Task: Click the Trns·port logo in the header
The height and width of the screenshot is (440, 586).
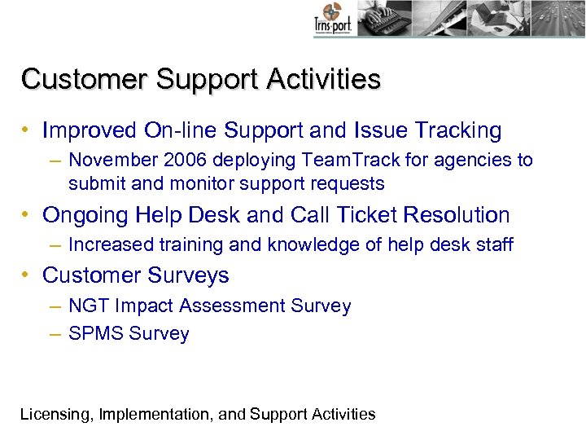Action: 332,20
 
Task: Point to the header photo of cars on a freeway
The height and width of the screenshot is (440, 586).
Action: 558,18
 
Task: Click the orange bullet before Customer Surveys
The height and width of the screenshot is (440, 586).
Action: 27,275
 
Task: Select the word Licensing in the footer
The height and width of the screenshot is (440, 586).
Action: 55,414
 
